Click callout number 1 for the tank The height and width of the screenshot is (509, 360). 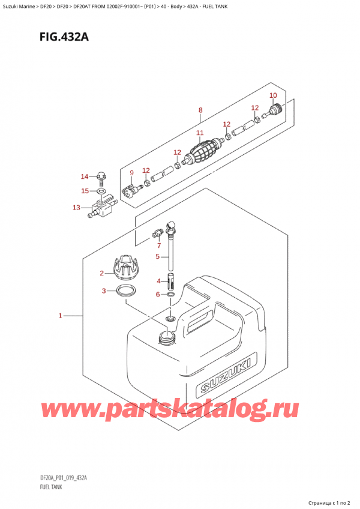[60, 315]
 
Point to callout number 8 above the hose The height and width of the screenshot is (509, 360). [200, 110]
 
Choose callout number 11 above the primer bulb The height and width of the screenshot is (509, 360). [200, 133]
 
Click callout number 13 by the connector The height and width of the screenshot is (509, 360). [76, 208]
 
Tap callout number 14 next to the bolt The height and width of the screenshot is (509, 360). [85, 176]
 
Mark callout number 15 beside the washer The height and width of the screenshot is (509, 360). [85, 191]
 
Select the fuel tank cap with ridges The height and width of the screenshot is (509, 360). [127, 267]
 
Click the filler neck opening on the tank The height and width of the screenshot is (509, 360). [166, 337]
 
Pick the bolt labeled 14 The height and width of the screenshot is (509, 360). [101, 178]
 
